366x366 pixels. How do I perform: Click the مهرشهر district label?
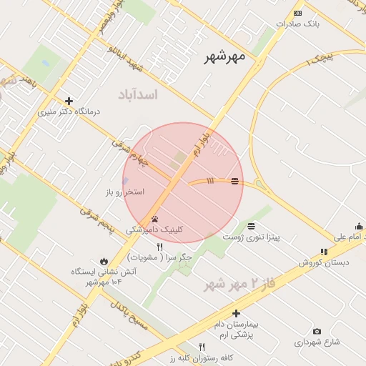pos(224,56)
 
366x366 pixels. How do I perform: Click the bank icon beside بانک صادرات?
pos(297,13)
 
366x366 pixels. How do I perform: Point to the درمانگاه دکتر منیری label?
pos(69,112)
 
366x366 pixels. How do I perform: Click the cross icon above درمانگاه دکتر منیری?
pos(69,102)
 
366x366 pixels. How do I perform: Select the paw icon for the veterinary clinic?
pos(154,219)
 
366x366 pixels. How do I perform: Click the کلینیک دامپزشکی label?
pos(154,229)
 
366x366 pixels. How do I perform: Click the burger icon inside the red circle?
pos(235,182)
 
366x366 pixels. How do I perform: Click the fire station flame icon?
pos(104,261)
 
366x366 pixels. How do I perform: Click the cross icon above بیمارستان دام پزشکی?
pos(236,313)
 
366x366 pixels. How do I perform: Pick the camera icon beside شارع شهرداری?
pos(317,332)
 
